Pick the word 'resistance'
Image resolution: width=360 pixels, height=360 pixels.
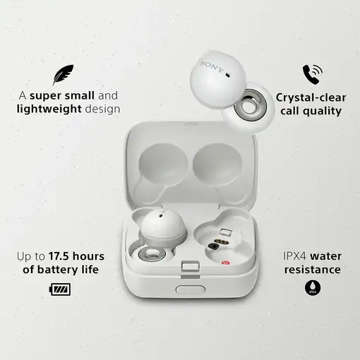coord(310,270)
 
